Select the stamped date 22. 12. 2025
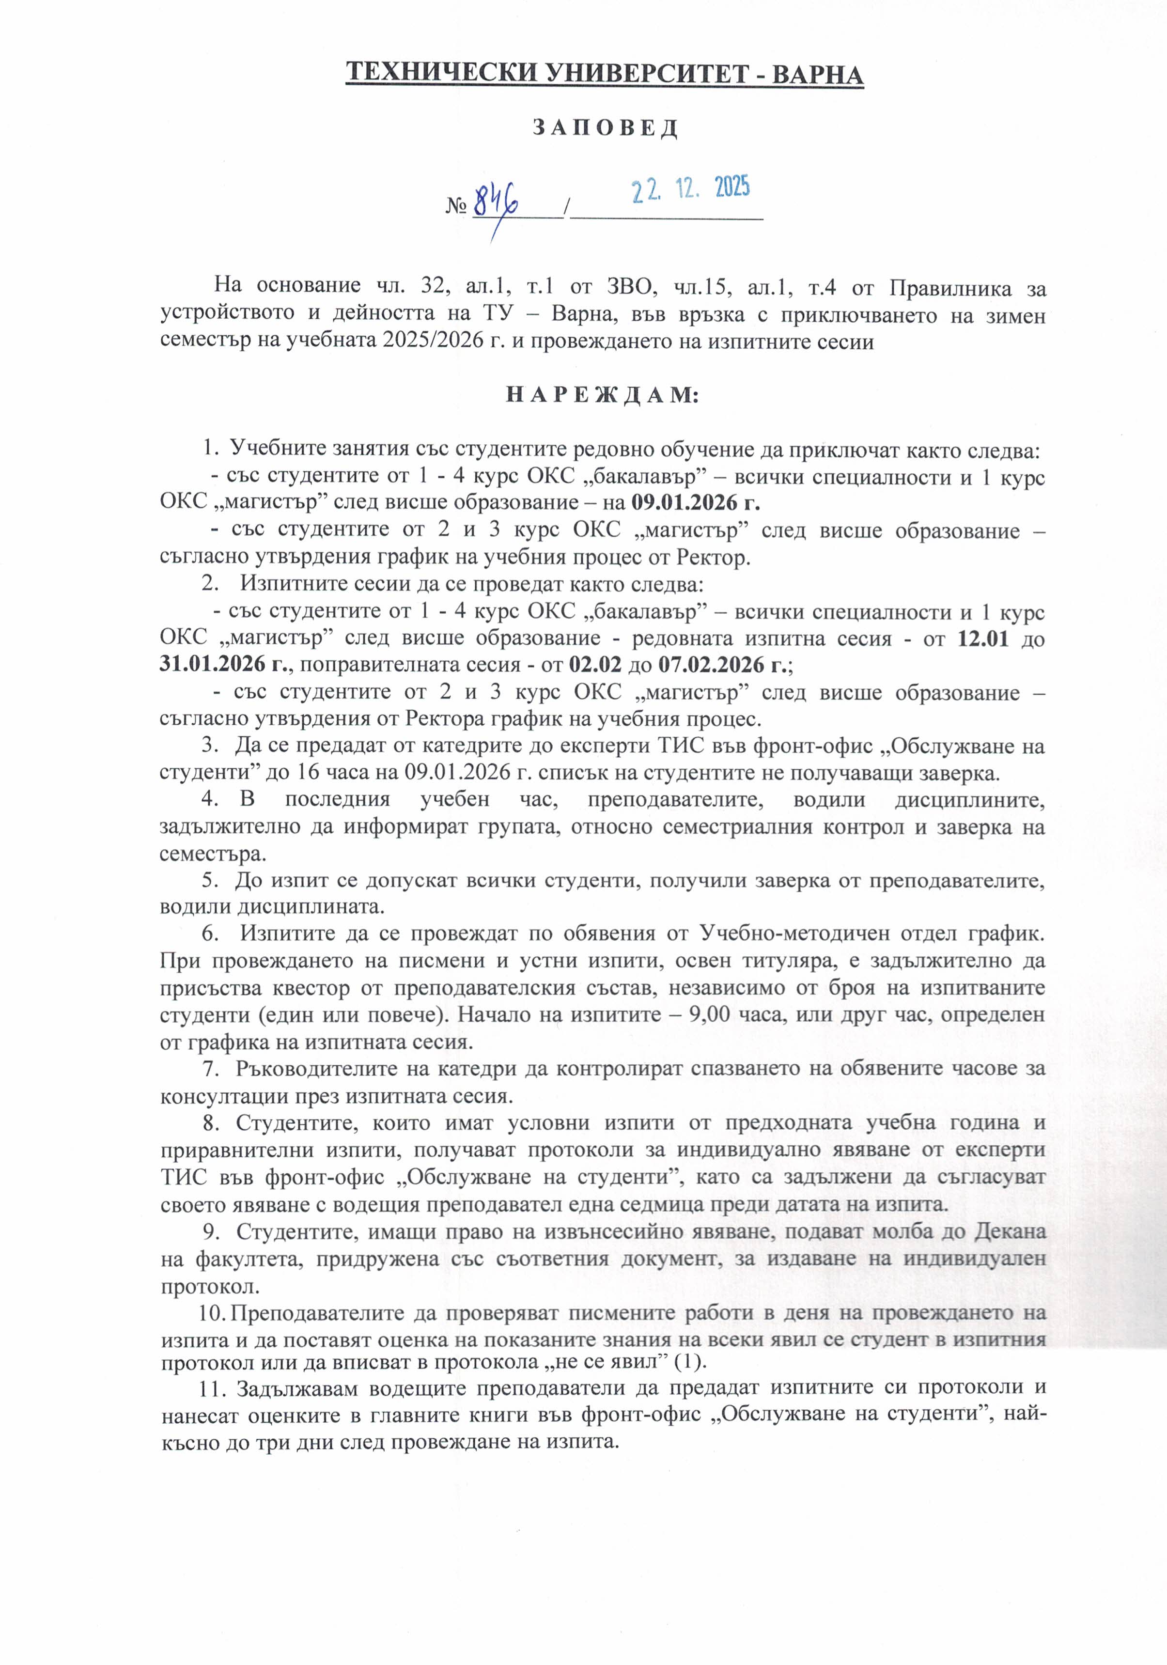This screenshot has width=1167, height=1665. (690, 190)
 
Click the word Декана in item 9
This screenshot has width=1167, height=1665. (1009, 1231)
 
